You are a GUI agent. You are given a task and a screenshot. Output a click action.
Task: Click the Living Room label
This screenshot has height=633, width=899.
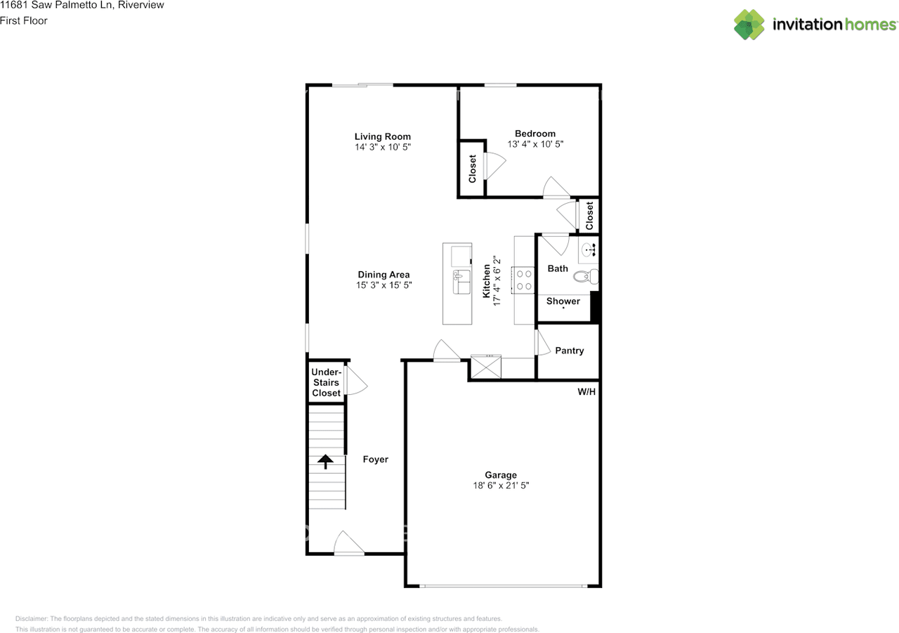click(x=382, y=136)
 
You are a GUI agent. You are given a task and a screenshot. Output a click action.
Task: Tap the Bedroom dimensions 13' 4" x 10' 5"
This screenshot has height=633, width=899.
click(x=535, y=144)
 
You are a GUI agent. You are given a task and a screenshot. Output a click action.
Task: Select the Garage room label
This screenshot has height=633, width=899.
click(x=501, y=475)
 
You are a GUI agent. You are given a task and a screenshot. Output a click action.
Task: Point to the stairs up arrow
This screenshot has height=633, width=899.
click(x=326, y=462)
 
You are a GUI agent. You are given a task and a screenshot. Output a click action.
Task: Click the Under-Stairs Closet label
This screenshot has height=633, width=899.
click(x=326, y=383)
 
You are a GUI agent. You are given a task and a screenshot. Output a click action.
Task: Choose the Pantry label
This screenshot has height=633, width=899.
click(x=569, y=351)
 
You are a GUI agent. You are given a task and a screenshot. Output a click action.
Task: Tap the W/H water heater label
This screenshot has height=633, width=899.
click(x=586, y=391)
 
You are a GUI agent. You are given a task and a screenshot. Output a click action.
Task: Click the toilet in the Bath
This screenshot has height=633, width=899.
click(x=586, y=276)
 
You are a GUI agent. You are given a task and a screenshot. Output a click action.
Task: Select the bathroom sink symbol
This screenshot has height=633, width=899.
click(x=589, y=248)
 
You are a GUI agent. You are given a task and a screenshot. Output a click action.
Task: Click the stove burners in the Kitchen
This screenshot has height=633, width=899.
click(x=524, y=280)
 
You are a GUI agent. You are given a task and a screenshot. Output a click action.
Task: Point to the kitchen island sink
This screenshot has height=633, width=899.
click(x=461, y=281)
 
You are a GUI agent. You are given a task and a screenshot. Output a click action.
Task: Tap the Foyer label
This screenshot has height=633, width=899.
click(x=375, y=459)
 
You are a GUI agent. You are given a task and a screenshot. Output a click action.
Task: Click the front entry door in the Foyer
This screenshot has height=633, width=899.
click(x=349, y=544)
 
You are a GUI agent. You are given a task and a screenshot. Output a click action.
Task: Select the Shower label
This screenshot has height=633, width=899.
click(x=563, y=301)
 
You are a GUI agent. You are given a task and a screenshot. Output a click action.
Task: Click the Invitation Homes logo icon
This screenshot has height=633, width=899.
click(x=749, y=25)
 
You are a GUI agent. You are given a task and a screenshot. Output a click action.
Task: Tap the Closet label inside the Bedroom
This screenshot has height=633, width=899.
click(x=472, y=169)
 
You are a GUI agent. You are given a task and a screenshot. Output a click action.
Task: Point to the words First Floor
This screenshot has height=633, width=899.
click(x=24, y=20)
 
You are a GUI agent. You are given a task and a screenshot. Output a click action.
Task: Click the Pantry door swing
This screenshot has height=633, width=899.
click(x=542, y=342)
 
